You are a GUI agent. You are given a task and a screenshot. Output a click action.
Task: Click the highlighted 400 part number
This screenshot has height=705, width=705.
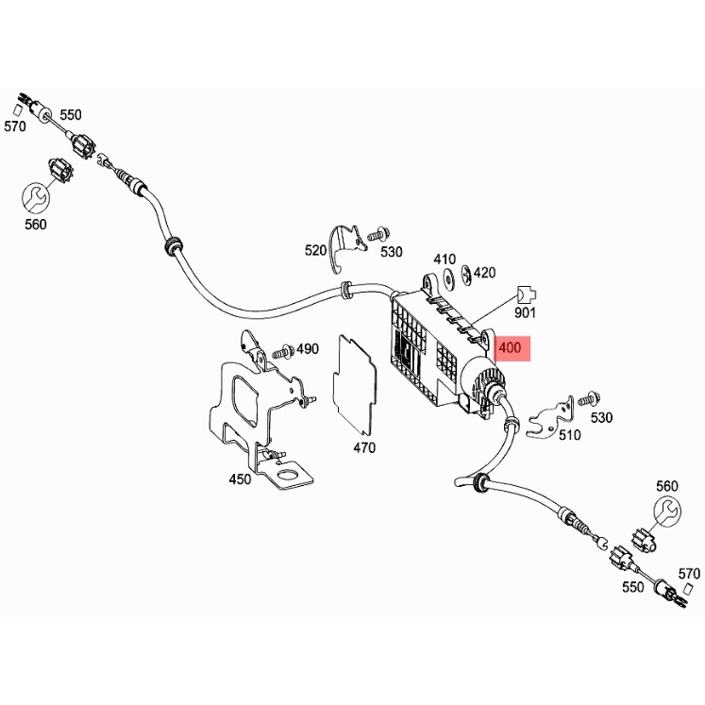510,348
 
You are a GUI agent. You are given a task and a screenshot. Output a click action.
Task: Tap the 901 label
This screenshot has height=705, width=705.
526,312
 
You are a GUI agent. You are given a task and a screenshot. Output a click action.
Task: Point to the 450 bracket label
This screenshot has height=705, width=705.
241,479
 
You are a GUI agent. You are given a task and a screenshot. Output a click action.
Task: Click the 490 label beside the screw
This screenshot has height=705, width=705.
308,349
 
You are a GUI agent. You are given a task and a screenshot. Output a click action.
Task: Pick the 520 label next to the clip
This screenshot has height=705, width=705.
315,250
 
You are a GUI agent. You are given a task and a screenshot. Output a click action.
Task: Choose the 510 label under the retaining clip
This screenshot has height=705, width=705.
569,435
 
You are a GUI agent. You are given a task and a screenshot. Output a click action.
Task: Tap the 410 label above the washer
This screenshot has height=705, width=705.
445,259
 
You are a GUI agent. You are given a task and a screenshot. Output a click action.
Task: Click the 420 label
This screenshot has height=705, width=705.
484,273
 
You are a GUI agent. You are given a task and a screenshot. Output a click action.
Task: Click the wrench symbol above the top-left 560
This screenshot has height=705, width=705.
35,196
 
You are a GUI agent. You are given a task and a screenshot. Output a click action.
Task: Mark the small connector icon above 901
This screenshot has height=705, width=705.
526,293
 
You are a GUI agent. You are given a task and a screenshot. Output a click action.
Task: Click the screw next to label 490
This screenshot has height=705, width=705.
281,352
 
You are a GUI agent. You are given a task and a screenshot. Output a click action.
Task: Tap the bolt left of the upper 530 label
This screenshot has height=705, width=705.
378,232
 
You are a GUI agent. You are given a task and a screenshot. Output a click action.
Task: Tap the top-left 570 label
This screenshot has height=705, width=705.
14,126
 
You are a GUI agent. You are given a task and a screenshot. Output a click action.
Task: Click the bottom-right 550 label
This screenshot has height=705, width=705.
632,586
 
